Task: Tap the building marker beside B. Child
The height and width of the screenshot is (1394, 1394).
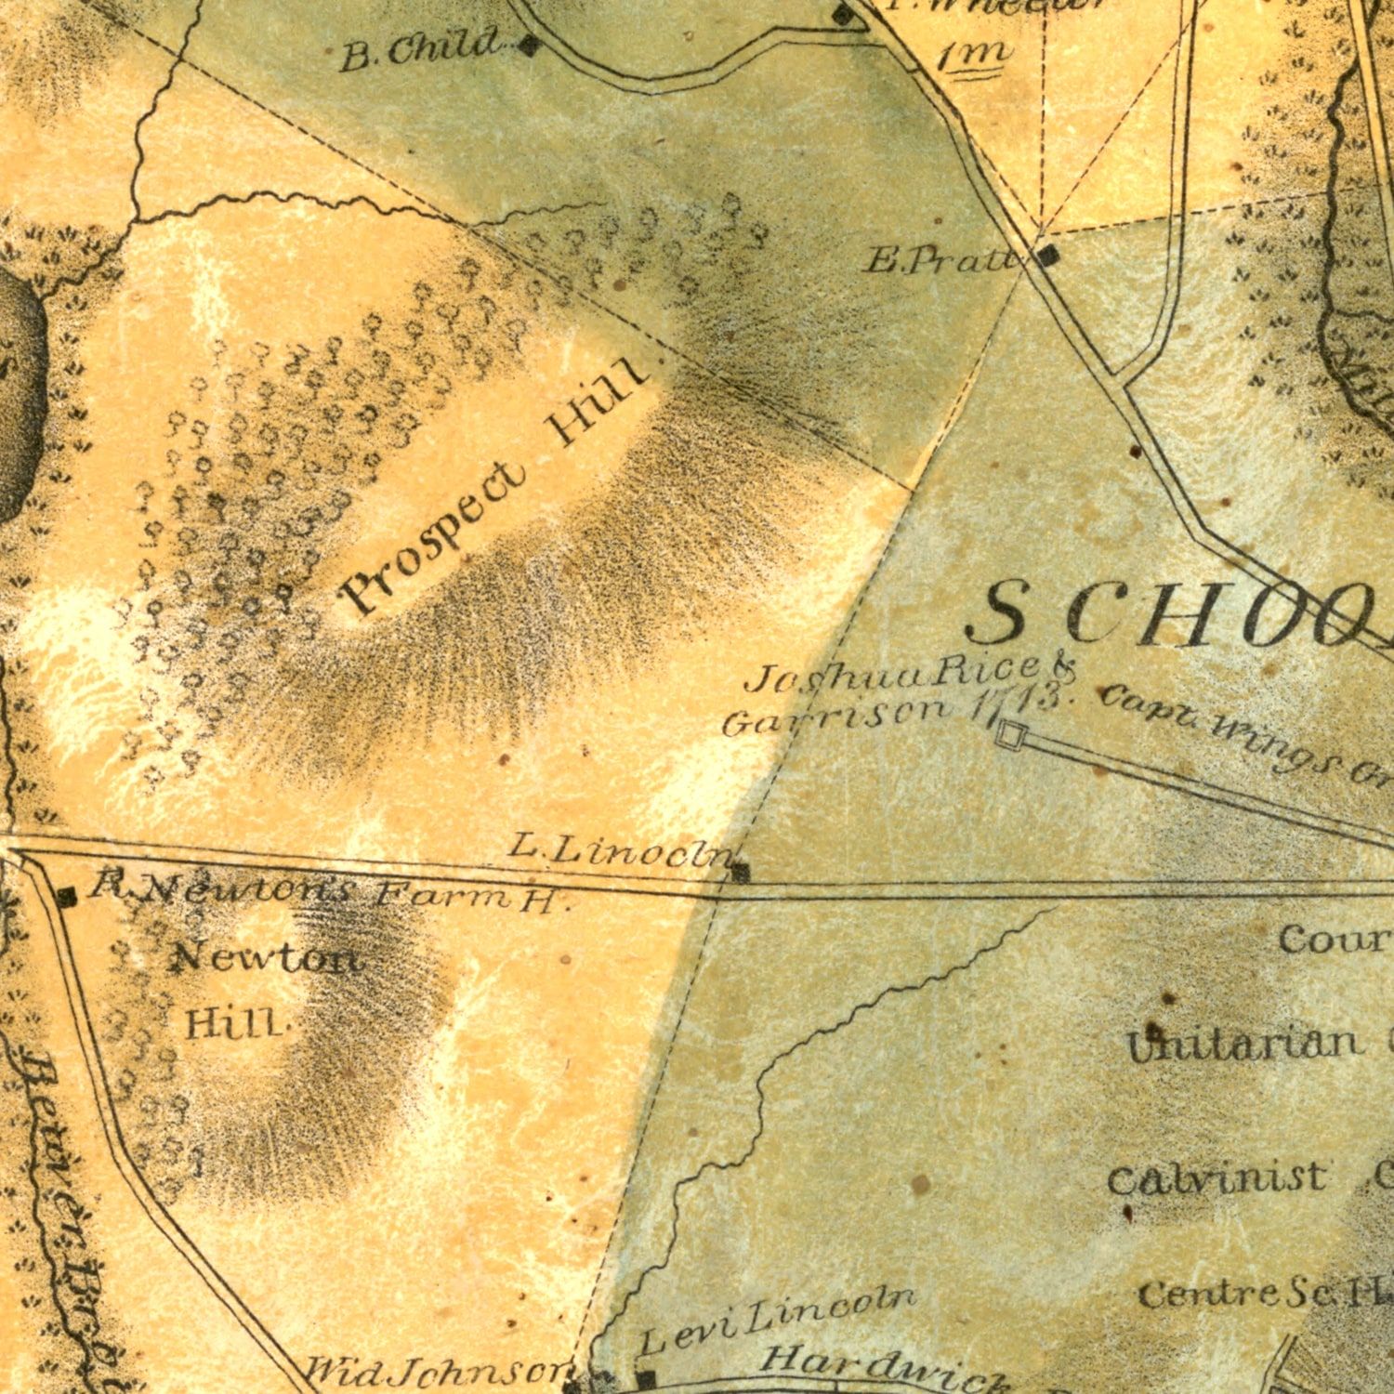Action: coord(529,45)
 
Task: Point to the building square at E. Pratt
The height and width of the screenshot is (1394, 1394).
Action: coord(1047,256)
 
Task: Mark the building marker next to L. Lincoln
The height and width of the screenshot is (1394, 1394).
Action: coord(740,872)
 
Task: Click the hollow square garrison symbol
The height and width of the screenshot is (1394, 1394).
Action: coord(1008,734)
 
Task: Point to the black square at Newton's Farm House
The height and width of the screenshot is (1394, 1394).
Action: coord(66,897)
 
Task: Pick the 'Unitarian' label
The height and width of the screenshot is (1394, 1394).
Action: coord(1241,1044)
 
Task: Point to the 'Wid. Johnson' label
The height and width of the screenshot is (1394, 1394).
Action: coord(437,1371)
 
